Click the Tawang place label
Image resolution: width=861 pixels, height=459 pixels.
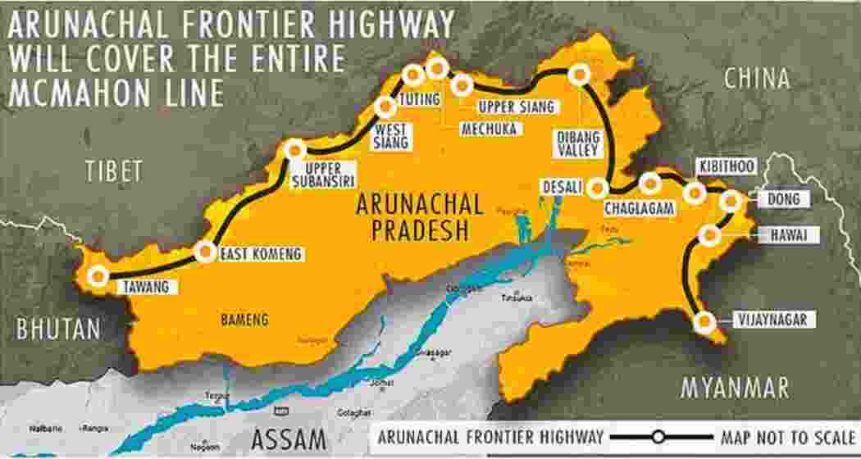pos(147,287)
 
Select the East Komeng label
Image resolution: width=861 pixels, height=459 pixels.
pos(261,255)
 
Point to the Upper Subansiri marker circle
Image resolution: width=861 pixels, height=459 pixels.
pos(295,149)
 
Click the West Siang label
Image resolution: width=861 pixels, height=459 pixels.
pos(390,136)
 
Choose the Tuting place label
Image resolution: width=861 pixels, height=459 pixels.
pos(419,100)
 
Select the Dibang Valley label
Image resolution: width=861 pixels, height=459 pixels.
pos(581,143)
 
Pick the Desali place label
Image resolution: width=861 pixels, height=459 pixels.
pos(562,188)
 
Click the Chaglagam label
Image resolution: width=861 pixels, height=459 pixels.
pos(639,209)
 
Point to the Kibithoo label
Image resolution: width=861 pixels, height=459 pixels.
pos(727,166)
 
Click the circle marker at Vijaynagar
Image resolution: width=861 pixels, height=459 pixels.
pos(703,322)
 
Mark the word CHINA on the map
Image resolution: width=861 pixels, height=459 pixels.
pos(758,79)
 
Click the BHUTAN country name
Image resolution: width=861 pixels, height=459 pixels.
pos(59,329)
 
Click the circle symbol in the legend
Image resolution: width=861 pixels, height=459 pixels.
pos(658,437)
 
